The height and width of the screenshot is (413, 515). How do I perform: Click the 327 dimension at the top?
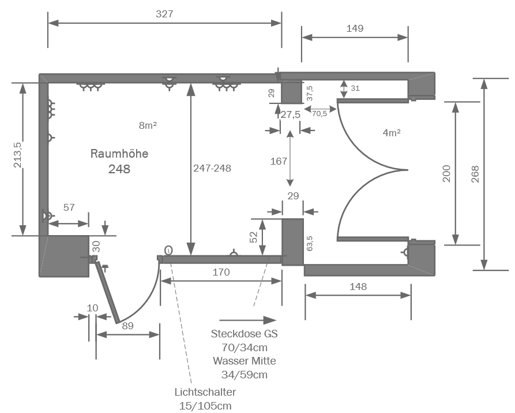(164, 13)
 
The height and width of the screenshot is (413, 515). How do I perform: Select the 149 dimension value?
(355, 28)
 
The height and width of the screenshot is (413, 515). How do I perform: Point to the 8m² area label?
(148, 125)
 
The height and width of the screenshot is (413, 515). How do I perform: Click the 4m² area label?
(392, 132)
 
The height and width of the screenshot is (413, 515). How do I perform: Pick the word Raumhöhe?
(119, 154)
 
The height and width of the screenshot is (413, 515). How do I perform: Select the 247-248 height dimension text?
(212, 168)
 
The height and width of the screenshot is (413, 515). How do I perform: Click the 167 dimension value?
(279, 161)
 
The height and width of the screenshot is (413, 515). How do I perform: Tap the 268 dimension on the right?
(475, 174)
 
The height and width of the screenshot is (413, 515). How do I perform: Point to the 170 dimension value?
(221, 271)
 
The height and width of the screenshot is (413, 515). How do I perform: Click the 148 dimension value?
(358, 286)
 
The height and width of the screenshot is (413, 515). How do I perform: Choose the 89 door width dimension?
(128, 326)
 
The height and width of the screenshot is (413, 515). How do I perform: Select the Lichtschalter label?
(205, 392)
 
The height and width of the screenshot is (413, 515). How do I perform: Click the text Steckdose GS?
(245, 334)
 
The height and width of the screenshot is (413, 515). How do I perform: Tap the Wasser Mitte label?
(244, 361)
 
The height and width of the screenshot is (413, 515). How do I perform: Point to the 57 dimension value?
(69, 207)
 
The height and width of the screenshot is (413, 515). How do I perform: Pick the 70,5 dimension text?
(319, 114)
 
